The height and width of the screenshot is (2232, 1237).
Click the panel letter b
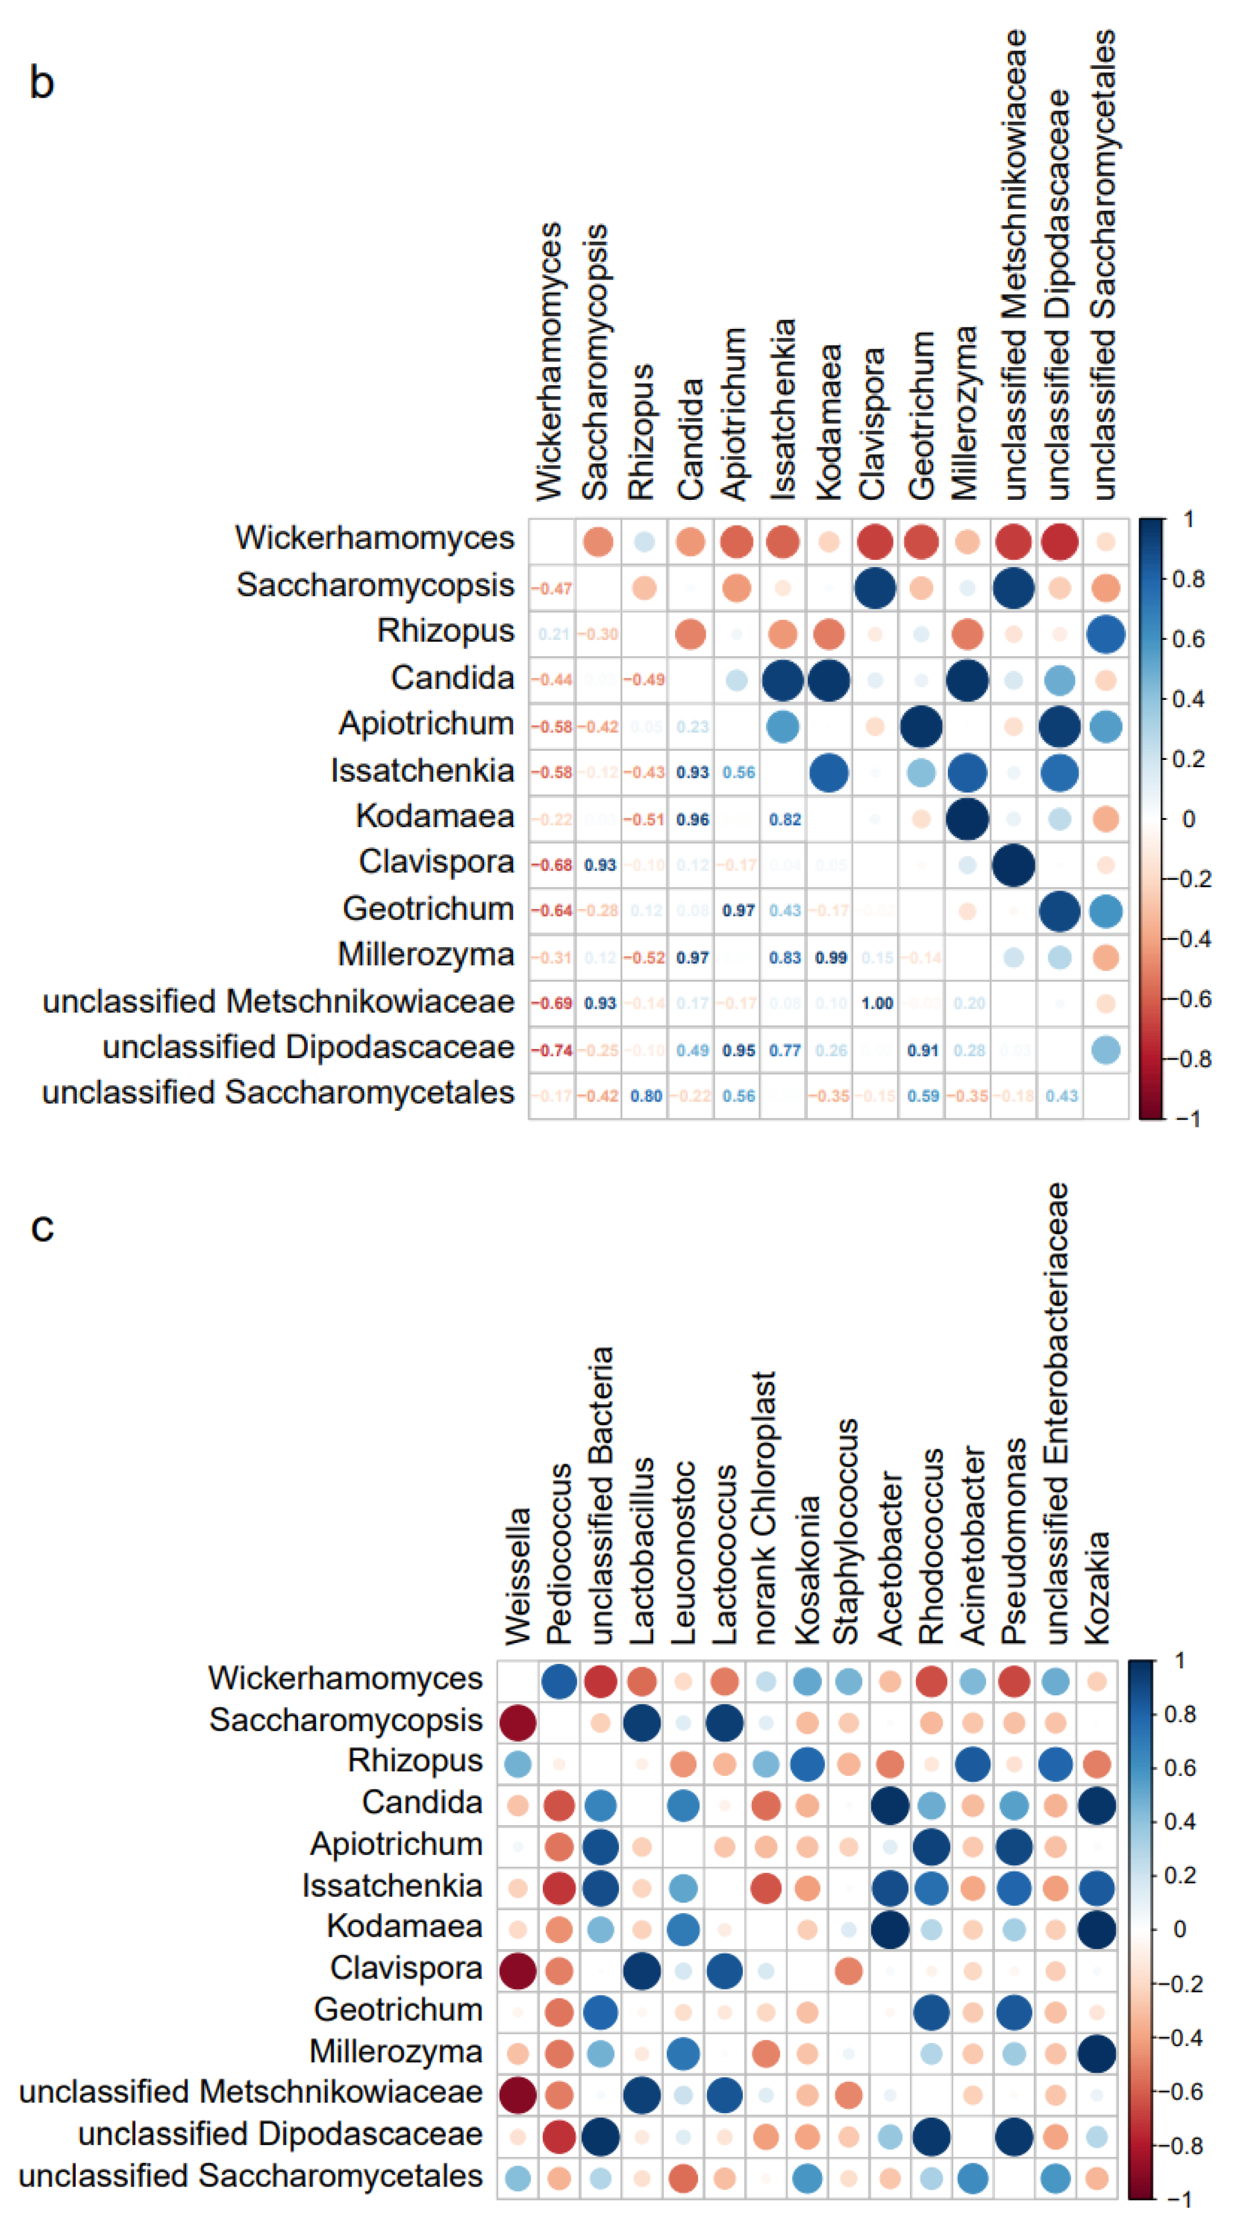tap(41, 83)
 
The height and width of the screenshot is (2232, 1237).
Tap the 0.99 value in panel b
tap(830, 958)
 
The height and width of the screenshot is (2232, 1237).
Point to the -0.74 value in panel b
tap(552, 1050)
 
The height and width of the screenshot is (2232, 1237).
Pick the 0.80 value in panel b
tap(645, 1096)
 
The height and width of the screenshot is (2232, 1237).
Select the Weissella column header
tap(518, 1576)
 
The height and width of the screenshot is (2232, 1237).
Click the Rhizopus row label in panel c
tap(415, 1761)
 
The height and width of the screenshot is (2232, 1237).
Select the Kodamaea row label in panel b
tap(435, 816)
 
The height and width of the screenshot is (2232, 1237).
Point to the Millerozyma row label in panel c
tap(396, 2052)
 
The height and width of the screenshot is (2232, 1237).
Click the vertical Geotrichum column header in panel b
tap(921, 416)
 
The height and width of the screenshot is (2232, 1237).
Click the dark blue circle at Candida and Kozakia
tap(1097, 1806)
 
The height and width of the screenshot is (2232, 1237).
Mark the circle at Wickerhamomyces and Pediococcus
tap(559, 1681)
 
